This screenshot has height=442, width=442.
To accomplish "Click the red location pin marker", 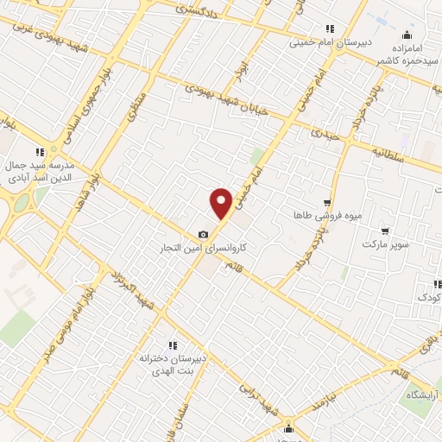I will pyautogui.click(x=222, y=203).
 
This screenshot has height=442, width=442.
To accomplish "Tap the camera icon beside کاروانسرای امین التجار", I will pyautogui.click(x=204, y=234).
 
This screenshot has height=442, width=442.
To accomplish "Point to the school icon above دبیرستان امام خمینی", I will pyautogui.click(x=329, y=28).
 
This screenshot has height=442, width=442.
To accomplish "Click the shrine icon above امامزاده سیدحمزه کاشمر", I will pyautogui.click(x=407, y=35).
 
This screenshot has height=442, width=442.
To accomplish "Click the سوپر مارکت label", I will pyautogui.click(x=383, y=245).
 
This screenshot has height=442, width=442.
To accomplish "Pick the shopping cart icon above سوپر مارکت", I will pyautogui.click(x=384, y=231).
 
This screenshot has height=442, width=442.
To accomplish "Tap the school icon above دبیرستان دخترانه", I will pyautogui.click(x=172, y=344).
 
